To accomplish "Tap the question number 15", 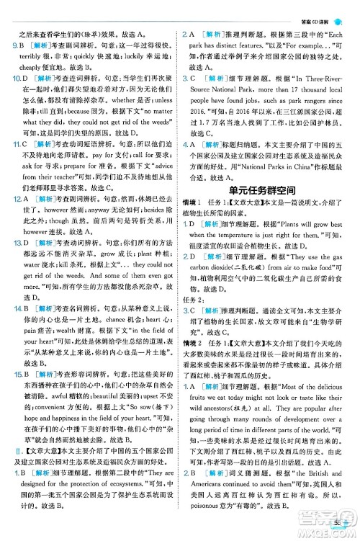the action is click(x=15, y=375).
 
